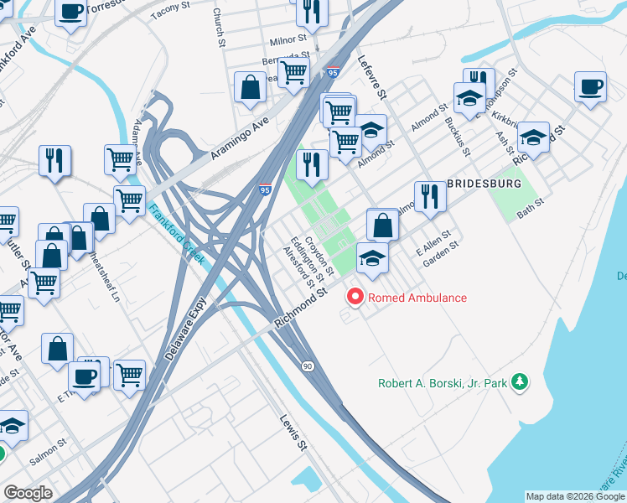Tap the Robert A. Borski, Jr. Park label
[443, 383]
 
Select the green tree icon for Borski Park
[521, 382]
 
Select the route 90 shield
[308, 366]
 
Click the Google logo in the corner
[28, 493]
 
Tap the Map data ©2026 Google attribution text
[575, 496]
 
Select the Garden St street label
[441, 253]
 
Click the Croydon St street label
[319, 257]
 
